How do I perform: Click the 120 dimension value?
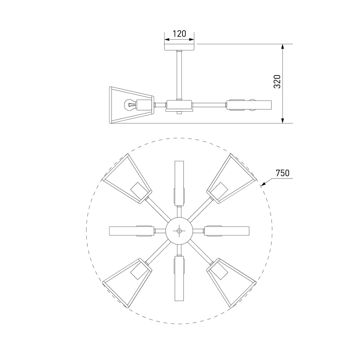(179, 34)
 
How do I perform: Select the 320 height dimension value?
(277, 81)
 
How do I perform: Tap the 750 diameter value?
(282, 173)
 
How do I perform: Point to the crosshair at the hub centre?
(179, 231)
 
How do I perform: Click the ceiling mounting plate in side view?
(180, 47)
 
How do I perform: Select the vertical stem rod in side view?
(179, 75)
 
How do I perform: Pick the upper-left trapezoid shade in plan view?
(127, 179)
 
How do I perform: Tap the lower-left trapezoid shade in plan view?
(127, 283)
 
